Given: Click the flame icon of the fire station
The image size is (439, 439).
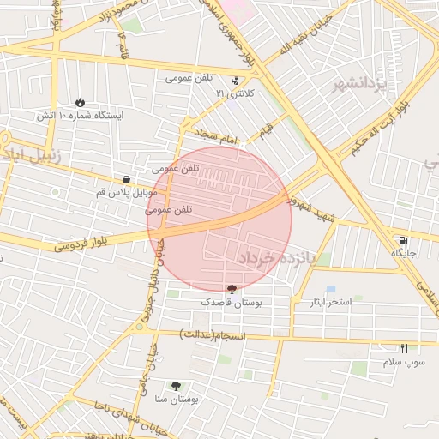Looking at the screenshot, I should click(x=80, y=102).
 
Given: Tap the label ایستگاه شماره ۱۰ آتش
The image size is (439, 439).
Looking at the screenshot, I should click(x=81, y=114).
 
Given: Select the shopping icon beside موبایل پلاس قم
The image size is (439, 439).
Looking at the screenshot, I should click(x=127, y=180).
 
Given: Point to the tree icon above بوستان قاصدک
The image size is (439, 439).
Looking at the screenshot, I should click(x=232, y=290).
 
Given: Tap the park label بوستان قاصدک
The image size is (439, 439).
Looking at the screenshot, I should click(x=232, y=303).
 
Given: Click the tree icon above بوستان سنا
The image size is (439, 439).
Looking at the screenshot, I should click(x=177, y=387).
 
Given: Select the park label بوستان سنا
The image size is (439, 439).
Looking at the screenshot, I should click(x=177, y=400).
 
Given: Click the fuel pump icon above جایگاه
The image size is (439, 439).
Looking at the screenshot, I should click(x=402, y=240).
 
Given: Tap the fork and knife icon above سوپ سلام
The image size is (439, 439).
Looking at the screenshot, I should click(x=404, y=347).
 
